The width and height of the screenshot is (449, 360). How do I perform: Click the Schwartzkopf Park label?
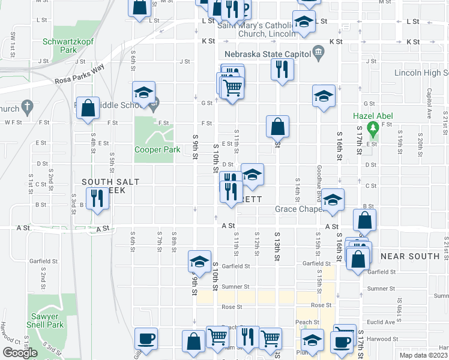click(x=67, y=46)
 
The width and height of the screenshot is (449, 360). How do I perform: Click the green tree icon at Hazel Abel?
click(x=373, y=127)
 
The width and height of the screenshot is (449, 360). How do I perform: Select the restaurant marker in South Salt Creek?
click(x=96, y=197)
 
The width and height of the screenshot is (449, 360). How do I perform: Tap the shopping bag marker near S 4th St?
click(x=88, y=109)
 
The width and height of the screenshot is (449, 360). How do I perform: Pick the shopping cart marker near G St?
click(x=232, y=88)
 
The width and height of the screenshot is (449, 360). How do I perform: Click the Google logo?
click(x=20, y=353)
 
